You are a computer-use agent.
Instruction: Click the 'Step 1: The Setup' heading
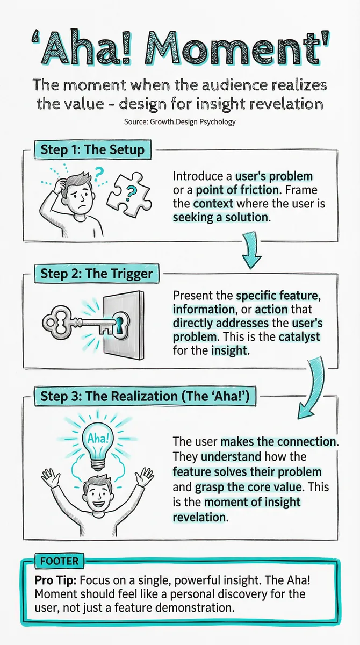pyautogui.click(x=92, y=150)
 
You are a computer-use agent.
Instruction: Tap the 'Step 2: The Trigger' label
pyautogui.click(x=96, y=274)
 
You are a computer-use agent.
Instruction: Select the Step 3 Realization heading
pyautogui.click(x=145, y=396)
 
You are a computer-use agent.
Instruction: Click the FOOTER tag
pyautogui.click(x=59, y=561)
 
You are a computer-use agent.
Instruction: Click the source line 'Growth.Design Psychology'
pyautogui.click(x=192, y=122)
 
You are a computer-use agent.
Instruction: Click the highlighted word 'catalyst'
pyautogui.click(x=299, y=337)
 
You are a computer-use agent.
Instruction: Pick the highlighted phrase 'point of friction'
pyautogui.click(x=237, y=190)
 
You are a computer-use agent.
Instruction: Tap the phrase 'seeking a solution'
pyautogui.click(x=220, y=217)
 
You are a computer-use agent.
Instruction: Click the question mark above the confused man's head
pyautogui.click(x=98, y=174)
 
